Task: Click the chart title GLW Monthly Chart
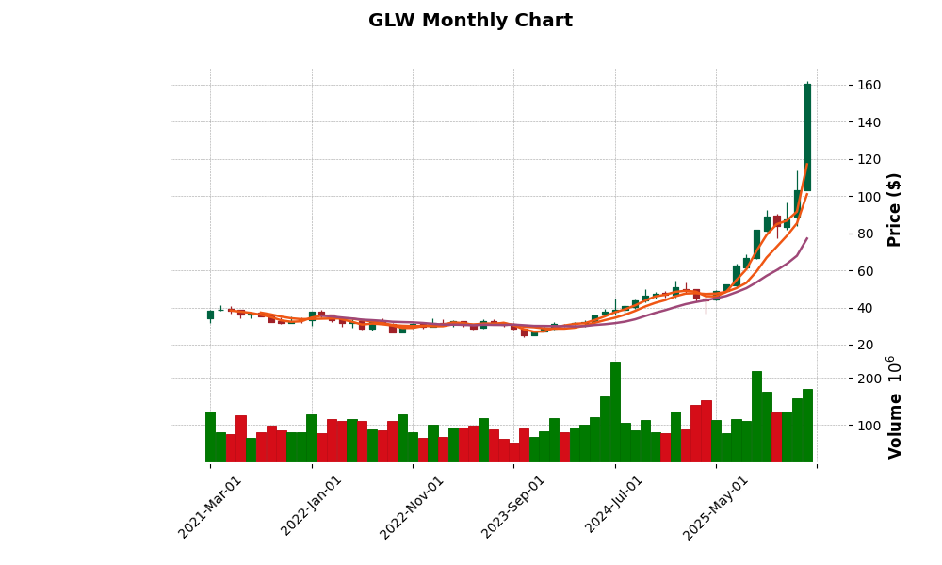point(470,21)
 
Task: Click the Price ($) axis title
point(894,209)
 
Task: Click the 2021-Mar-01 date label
point(210,506)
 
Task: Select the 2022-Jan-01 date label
point(312,506)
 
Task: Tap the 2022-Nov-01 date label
point(413,506)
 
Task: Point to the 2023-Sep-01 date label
point(513,506)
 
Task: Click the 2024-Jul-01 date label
point(615,506)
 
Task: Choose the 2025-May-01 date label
point(716,506)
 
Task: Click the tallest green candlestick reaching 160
point(807,137)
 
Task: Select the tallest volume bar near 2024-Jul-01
point(615,412)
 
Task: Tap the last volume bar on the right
point(807,426)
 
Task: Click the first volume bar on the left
point(210,437)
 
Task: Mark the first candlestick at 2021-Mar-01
point(210,315)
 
